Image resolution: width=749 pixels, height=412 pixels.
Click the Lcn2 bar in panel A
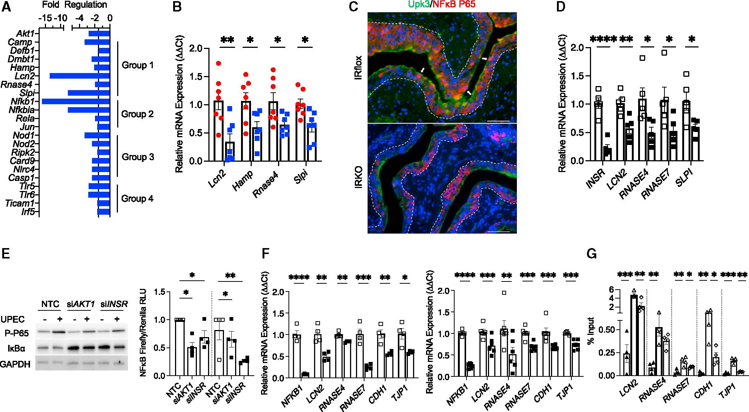tap(80, 76)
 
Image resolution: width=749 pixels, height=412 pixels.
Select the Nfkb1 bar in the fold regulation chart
tap(76, 102)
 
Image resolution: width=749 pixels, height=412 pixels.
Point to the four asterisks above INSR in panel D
tap(603, 39)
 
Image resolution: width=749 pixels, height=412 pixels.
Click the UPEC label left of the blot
tap(13, 319)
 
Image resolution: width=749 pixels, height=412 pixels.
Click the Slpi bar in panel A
tap(89, 93)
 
